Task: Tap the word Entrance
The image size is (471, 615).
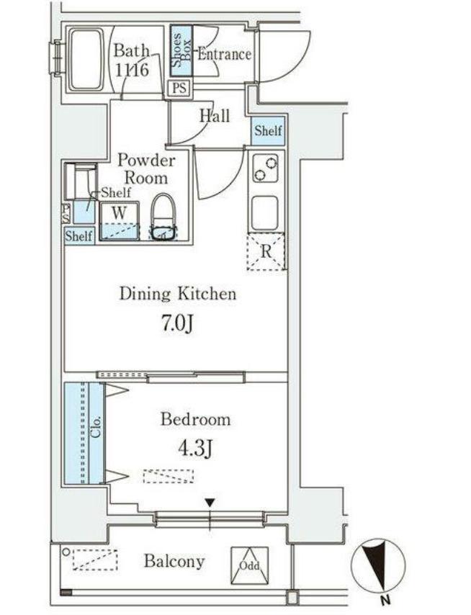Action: click(x=224, y=54)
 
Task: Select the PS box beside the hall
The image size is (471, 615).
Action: click(x=179, y=87)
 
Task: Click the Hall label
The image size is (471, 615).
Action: click(x=215, y=116)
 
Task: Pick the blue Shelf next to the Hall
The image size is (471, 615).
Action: click(x=268, y=130)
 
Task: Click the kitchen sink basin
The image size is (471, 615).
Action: click(x=265, y=213)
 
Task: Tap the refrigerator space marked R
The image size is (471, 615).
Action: click(x=266, y=252)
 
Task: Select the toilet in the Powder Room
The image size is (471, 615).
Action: click(x=164, y=217)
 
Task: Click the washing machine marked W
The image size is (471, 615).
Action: click(x=120, y=221)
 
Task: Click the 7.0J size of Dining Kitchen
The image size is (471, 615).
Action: click(x=177, y=323)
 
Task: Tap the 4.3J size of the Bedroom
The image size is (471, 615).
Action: click(x=195, y=449)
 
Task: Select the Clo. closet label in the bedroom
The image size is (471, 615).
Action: click(x=97, y=426)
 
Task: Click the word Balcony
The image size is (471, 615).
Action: click(x=174, y=561)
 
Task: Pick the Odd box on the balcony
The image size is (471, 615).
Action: click(x=249, y=565)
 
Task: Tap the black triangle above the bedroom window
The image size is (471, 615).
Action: click(x=210, y=503)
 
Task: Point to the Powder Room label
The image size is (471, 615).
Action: click(x=146, y=169)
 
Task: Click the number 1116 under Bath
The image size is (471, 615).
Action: click(x=133, y=70)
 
